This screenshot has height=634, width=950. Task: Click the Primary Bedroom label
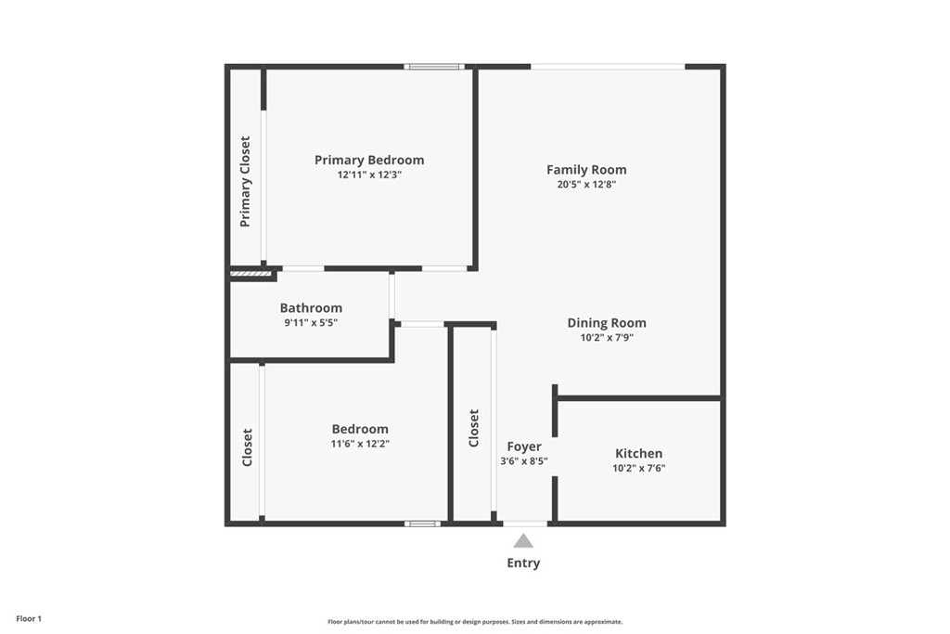coord(369,160)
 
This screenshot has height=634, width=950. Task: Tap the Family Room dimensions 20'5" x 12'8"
coord(586,185)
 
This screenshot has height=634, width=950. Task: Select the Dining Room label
coord(607,323)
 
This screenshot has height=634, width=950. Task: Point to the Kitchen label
coord(638,453)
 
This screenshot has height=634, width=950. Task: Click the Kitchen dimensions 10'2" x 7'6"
coord(638,468)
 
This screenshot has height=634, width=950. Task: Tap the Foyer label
coord(524,446)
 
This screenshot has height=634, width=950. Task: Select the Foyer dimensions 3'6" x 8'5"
coord(524,460)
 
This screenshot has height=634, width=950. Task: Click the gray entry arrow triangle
coord(523,540)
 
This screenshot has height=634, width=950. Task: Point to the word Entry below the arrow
coord(523,563)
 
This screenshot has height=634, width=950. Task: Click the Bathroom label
coord(311,308)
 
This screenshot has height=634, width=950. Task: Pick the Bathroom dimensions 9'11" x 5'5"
coord(311,322)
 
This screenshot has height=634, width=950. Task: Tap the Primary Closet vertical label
coord(245,182)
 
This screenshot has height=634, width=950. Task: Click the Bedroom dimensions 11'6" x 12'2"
coord(360,444)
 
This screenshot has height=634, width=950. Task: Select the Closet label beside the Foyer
coord(474,428)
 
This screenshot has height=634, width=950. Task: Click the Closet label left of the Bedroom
coord(247,448)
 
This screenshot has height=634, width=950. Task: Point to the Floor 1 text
coord(29,619)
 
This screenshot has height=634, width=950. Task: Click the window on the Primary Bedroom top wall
coord(434,67)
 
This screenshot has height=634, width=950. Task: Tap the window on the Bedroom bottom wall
coord(423,524)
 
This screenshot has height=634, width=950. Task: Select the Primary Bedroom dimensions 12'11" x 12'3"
coord(369,175)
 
